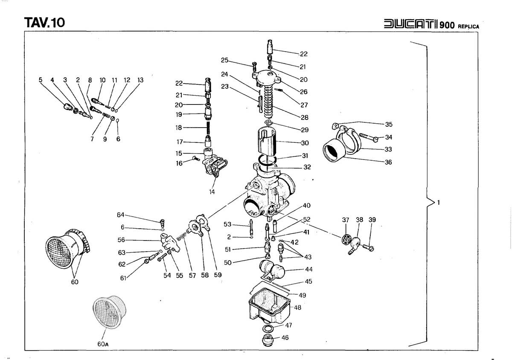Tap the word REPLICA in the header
468,26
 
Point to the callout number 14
212,192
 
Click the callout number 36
388,163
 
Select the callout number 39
372,220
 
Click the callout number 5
41,80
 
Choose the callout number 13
140,80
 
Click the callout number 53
227,224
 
